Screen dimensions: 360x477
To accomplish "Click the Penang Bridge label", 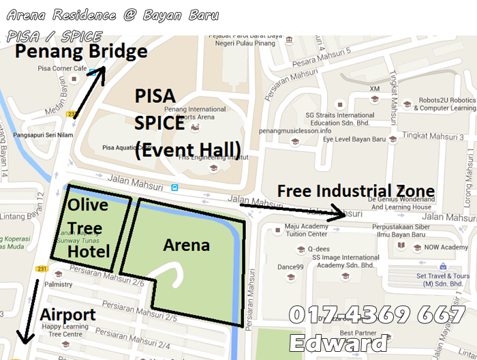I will click(81, 52).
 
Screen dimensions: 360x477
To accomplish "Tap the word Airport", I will click(67, 315).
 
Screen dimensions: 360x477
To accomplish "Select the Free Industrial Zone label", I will click(356, 191).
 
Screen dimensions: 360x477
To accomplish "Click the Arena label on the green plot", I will click(186, 245).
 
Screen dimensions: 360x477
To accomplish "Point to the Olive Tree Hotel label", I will click(88, 228).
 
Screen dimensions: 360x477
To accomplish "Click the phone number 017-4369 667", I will click(377, 315).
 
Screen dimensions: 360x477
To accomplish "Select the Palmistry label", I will click(58, 284).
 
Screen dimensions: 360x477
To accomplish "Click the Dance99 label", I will click(290, 267).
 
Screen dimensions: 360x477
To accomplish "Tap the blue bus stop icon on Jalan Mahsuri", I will click(175, 187).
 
